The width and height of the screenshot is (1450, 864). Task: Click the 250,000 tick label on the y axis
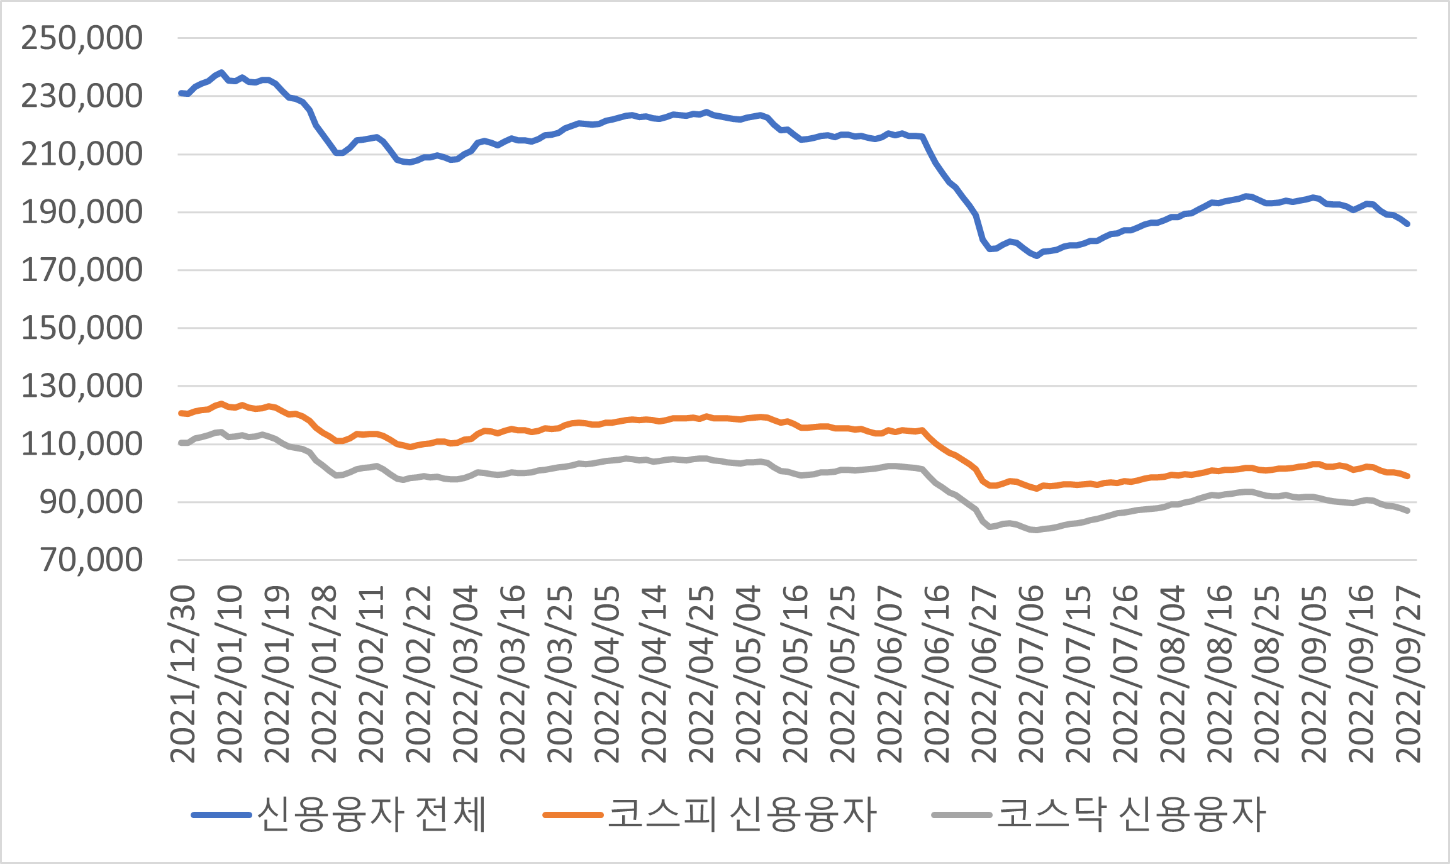point(82,38)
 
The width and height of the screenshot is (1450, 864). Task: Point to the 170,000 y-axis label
point(82,270)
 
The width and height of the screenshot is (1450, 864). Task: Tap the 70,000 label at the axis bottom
point(91,560)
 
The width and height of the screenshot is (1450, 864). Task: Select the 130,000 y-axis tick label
point(82,386)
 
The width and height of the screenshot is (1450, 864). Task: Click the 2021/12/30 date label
point(183,674)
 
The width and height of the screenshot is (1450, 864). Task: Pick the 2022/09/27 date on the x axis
point(1408,674)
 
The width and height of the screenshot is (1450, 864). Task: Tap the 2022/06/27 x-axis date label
point(984,674)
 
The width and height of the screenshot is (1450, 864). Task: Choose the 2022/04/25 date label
point(701,674)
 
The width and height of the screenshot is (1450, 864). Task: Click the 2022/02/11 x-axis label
point(371,674)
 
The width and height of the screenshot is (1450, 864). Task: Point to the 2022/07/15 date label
point(1079,674)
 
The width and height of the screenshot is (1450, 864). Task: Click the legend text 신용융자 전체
point(371,815)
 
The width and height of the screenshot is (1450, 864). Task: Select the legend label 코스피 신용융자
point(742,815)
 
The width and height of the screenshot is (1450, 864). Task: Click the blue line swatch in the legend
point(221,816)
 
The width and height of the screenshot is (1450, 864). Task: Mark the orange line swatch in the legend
point(572,816)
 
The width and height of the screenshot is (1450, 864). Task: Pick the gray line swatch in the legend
point(962,816)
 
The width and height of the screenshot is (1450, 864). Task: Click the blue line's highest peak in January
point(221,73)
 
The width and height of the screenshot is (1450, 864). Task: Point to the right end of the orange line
point(1407,476)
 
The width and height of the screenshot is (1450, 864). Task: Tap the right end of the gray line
point(1407,511)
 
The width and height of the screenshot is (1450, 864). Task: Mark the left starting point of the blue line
point(181,93)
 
